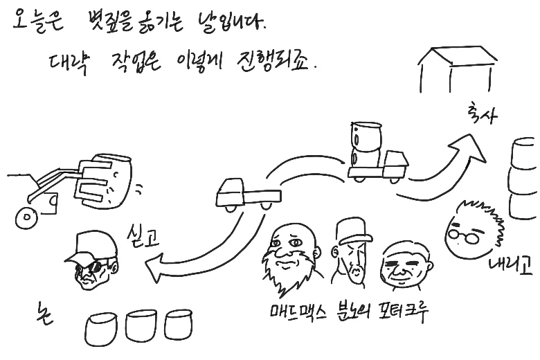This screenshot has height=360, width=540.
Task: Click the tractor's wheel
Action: point(26,219)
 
